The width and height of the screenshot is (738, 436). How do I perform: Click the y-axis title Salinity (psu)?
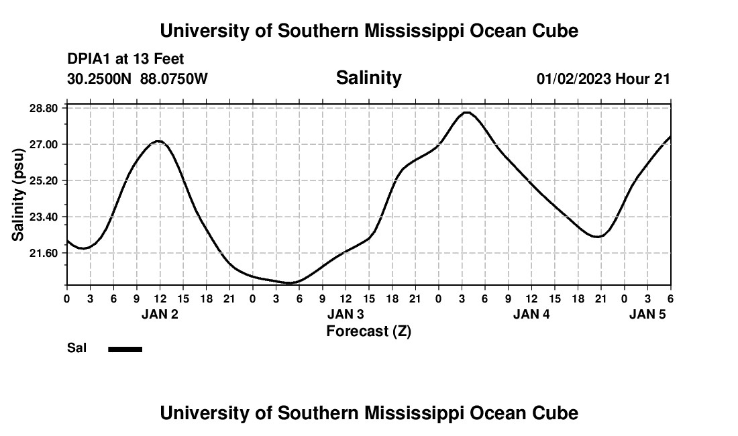click(x=19, y=196)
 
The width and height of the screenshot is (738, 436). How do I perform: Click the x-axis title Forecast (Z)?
click(x=368, y=331)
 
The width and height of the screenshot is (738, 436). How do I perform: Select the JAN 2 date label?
click(x=160, y=314)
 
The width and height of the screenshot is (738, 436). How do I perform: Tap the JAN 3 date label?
click(x=346, y=314)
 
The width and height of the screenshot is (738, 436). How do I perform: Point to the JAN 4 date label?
click(x=531, y=314)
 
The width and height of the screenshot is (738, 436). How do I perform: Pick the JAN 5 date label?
click(x=647, y=314)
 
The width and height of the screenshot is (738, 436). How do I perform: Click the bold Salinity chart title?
click(x=368, y=78)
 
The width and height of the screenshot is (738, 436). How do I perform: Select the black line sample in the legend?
click(x=125, y=349)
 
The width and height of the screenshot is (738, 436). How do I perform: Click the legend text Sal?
click(x=76, y=349)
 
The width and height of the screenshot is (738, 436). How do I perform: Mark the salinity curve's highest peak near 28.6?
click(x=466, y=113)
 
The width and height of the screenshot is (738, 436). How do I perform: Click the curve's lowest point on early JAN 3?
click(x=290, y=283)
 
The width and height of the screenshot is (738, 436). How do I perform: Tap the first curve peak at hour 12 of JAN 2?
click(x=158, y=141)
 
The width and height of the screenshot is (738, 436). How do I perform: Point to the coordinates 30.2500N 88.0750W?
click(x=138, y=78)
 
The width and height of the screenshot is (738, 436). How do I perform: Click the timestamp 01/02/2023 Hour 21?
click(x=603, y=78)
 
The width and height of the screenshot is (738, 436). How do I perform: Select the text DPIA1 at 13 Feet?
click(x=125, y=59)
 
